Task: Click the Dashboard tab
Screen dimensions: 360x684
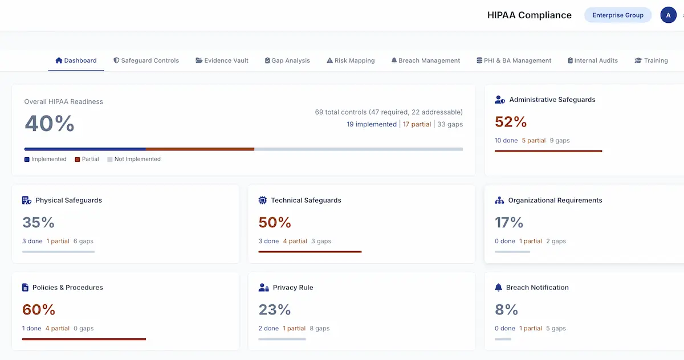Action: [76, 60]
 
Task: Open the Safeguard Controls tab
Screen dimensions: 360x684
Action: [146, 60]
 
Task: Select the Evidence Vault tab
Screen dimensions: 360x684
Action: [222, 60]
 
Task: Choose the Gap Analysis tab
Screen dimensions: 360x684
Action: [287, 60]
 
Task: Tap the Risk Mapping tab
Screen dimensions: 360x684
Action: [351, 60]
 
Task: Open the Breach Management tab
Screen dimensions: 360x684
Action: [425, 60]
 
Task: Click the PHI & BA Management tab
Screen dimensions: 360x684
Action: [514, 60]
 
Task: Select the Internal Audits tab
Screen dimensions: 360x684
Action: [592, 60]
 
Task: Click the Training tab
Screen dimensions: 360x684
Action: [651, 60]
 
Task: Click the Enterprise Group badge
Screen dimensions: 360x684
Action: [618, 15]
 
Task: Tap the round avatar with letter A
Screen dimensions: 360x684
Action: [668, 15]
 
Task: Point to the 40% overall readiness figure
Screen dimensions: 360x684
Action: [50, 123]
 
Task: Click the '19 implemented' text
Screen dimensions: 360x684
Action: [372, 124]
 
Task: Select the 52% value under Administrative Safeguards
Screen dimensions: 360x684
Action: [511, 122]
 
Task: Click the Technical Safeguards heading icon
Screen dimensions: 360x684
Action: [263, 201]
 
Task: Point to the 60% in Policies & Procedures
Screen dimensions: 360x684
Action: [39, 310]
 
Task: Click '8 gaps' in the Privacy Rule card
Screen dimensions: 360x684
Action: [319, 329]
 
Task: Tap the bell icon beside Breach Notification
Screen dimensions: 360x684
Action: [499, 288]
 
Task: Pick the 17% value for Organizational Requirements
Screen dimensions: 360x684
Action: [509, 223]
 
